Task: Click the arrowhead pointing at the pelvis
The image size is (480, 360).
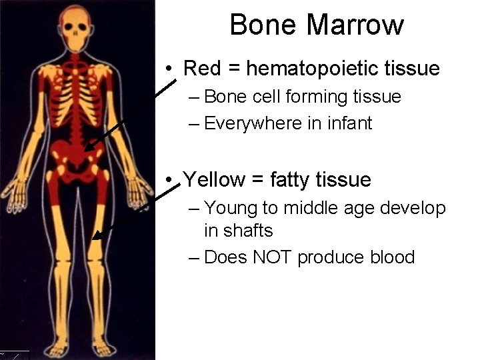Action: [x=89, y=146]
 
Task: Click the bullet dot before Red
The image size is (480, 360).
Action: [x=171, y=69]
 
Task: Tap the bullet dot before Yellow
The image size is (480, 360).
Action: [x=171, y=180]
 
